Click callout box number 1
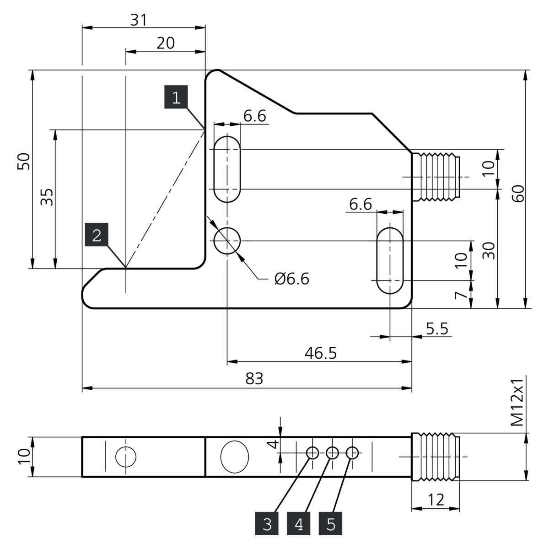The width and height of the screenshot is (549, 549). point(176,97)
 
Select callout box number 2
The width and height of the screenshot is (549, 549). point(97,235)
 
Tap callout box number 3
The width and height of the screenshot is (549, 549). point(267,524)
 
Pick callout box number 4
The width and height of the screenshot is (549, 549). point(299,524)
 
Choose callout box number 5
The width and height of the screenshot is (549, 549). point(330,524)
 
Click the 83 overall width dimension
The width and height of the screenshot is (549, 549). point(254,379)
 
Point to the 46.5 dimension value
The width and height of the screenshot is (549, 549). point(321,353)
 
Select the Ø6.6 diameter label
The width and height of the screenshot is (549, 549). point(292,279)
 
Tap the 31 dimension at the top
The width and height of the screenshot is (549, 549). point(139,20)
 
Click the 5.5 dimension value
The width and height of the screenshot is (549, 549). point(437,328)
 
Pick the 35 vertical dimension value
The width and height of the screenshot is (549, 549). point(47,197)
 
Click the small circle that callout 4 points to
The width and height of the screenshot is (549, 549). point(332,452)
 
